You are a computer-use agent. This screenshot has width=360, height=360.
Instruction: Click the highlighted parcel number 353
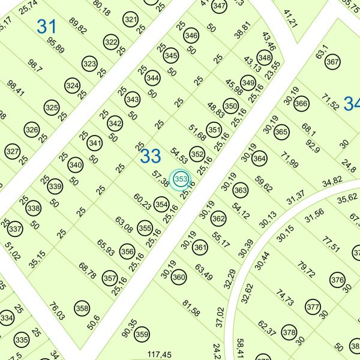[x=181, y=179]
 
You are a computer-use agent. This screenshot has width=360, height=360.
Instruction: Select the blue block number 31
[x=46, y=26]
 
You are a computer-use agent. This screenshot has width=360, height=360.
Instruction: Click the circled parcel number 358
[x=82, y=309]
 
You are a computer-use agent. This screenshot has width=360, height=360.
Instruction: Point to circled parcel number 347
[x=220, y=6]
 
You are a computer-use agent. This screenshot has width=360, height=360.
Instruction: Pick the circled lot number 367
[x=332, y=62]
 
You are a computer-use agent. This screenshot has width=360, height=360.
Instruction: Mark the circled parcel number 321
[x=131, y=19]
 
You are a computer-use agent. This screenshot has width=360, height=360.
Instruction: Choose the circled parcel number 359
[x=142, y=334]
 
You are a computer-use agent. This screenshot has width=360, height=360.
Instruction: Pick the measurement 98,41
[x=16, y=88]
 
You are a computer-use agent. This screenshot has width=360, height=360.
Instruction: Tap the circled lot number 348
[x=264, y=58]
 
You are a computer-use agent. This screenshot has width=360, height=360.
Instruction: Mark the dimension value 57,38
[x=160, y=178]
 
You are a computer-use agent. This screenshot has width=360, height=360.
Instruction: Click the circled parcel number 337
[x=16, y=229]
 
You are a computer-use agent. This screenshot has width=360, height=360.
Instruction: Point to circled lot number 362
[x=219, y=218]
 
